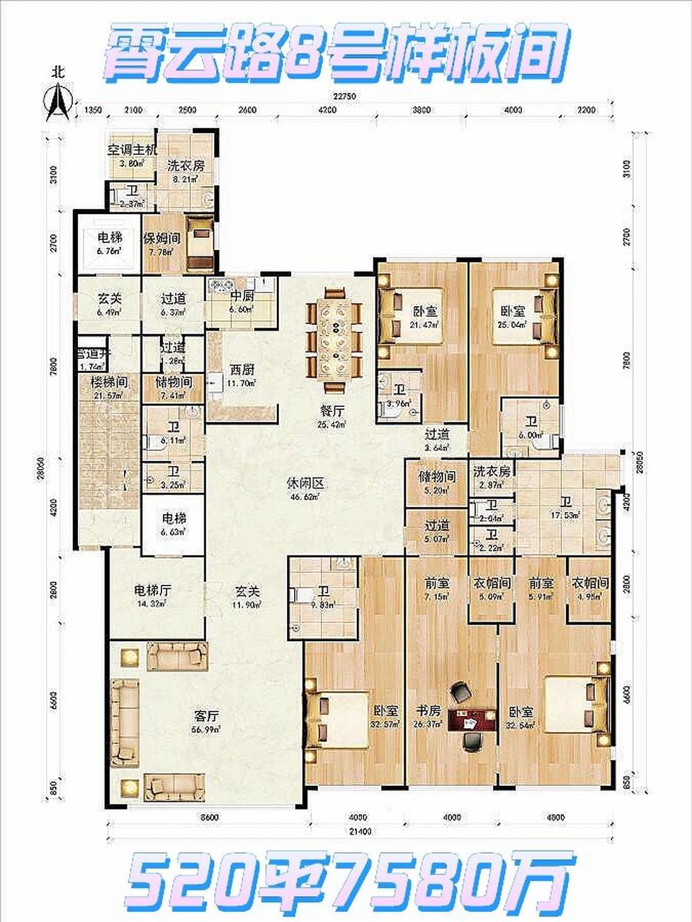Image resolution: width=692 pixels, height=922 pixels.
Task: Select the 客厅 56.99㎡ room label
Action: click(x=207, y=721)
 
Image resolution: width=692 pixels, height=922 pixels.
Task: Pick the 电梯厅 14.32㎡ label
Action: click(x=152, y=595)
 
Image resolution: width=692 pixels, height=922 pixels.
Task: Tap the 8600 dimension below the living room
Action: click(x=210, y=818)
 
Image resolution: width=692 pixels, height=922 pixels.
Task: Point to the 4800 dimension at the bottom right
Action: click(x=555, y=818)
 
